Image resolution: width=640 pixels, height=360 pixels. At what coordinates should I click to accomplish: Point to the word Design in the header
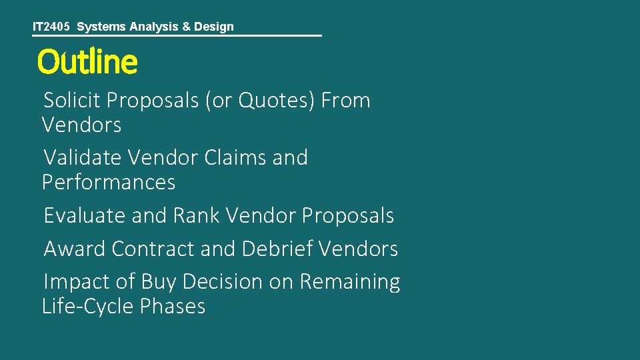pos(213,27)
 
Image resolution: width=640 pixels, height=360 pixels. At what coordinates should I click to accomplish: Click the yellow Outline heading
pos(87,62)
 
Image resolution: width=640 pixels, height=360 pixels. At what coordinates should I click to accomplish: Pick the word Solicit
pos(71,101)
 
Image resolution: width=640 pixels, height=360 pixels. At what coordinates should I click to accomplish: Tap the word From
pos(345,101)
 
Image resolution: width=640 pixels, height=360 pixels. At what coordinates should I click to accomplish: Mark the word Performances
pos(108,182)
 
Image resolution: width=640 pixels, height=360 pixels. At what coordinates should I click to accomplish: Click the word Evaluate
pos(85,216)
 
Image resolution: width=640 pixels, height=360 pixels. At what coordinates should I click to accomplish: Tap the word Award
pos(75,249)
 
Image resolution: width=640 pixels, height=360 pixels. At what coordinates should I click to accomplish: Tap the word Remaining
pos(350,282)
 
